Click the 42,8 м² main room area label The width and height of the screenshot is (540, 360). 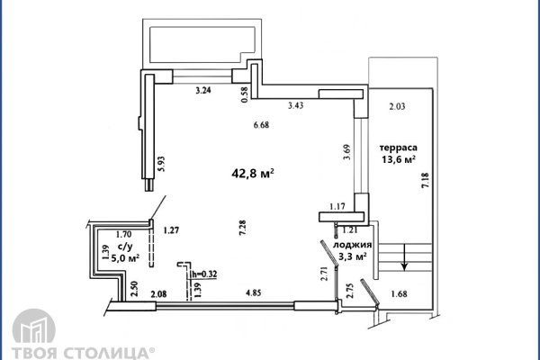click(x=253, y=173)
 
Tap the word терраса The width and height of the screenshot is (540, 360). click(x=399, y=148)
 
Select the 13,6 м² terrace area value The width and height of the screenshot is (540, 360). click(x=399, y=159)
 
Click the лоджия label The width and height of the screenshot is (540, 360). click(x=352, y=245)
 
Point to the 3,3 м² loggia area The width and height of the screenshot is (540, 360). click(x=352, y=256)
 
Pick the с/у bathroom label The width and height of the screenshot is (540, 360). click(x=125, y=247)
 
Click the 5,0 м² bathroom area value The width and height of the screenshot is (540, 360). click(x=125, y=258)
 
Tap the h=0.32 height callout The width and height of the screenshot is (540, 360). click(x=204, y=274)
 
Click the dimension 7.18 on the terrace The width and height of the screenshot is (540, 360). click(x=426, y=180)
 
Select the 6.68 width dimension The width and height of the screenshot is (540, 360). click(x=261, y=125)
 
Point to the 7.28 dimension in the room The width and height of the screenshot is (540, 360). click(x=242, y=228)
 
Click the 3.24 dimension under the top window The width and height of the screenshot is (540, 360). click(x=203, y=91)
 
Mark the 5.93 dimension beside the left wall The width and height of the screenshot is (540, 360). click(x=161, y=164)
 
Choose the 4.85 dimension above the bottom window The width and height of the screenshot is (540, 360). click(x=253, y=293)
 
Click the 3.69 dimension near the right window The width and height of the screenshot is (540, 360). click(x=346, y=152)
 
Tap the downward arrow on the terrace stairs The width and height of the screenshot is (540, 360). click(x=404, y=256)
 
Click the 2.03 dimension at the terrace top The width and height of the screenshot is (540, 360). click(x=397, y=106)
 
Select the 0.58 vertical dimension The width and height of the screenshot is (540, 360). click(x=245, y=94)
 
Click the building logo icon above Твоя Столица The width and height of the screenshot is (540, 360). click(x=34, y=327)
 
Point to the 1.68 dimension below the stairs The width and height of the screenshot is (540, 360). click(x=399, y=294)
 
